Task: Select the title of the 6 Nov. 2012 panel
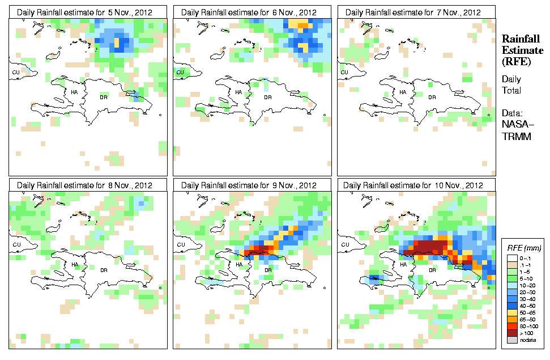[x=249, y=12]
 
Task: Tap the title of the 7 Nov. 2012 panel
[x=413, y=12]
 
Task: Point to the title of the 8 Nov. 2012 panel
[x=85, y=185]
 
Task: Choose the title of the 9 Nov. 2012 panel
[x=249, y=185]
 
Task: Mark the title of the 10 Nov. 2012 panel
[x=413, y=185]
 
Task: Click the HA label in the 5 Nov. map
[x=75, y=92]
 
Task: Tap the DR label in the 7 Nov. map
[x=432, y=97]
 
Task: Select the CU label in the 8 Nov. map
[x=16, y=245]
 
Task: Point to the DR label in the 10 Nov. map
[x=432, y=270]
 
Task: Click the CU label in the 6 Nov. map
[x=180, y=72]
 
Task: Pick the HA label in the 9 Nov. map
[x=239, y=265]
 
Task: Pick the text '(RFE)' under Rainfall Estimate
[x=515, y=62]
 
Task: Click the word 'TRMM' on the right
[x=515, y=137]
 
